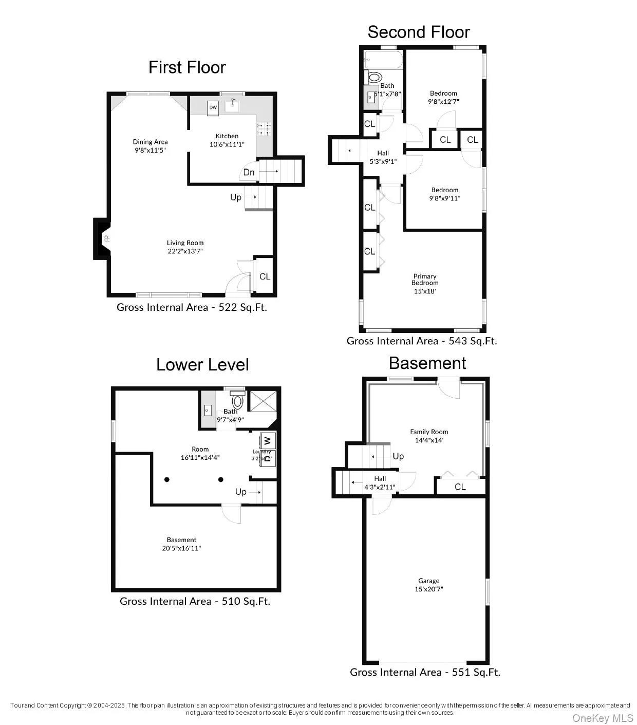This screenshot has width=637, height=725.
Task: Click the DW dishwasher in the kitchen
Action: point(213,108)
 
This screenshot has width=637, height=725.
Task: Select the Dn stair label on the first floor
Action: point(249,172)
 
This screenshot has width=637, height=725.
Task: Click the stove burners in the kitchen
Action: point(264,129)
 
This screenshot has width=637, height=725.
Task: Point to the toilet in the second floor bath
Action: point(374,78)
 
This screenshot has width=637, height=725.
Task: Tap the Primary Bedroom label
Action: point(425,280)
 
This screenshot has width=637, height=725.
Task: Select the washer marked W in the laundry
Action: point(268,440)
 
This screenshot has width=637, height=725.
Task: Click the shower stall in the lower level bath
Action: point(263,401)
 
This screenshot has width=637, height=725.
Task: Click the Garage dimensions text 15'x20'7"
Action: point(429,589)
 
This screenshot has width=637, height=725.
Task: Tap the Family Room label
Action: point(429,432)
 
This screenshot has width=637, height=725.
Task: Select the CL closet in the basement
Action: point(460,487)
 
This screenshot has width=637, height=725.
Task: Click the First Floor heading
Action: point(187,67)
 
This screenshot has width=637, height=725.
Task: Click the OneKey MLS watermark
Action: point(603,717)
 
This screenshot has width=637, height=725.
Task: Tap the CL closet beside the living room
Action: point(265,276)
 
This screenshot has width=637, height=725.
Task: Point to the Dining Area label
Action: point(150,142)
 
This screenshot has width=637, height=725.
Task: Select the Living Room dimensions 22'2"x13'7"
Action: point(185,251)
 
